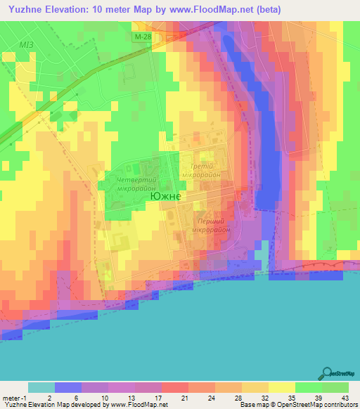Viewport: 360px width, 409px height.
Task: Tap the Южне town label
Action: [x=165, y=197]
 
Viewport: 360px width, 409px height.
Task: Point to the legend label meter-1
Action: [x=14, y=397]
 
